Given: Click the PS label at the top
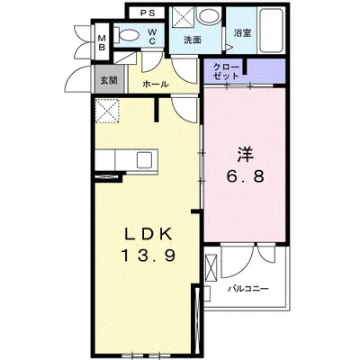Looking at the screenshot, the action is tap(148, 13).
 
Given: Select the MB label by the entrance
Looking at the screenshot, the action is tap(103, 42).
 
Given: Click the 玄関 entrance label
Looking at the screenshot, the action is tap(109, 80).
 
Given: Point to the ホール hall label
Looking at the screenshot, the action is tap(156, 84).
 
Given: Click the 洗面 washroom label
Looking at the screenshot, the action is tap(193, 40).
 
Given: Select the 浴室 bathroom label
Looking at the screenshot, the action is tap(242, 32).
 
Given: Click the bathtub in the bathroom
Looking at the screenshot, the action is tap(271, 31).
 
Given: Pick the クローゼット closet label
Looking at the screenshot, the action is tap(226, 71).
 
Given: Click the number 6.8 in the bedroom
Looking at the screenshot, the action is tap(245, 176).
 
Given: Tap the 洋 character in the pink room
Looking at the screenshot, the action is tap(246, 155).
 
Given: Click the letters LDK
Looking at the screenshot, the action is tap(148, 234).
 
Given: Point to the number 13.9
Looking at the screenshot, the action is tap(148, 256).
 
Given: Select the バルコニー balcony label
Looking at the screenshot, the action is tap(248, 289).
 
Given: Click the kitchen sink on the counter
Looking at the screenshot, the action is tap(144, 160).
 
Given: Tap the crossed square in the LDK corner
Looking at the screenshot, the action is tap(108, 110).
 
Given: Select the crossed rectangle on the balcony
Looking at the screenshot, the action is tap(211, 266).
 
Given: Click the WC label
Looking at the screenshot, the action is tap(152, 36).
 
